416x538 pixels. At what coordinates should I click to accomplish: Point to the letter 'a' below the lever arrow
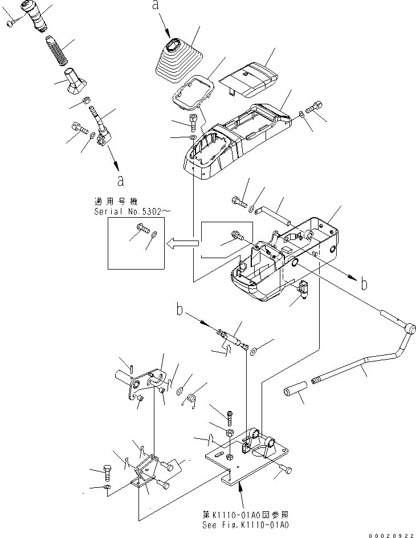(120, 181)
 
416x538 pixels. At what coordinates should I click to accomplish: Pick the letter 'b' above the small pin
(181, 311)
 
